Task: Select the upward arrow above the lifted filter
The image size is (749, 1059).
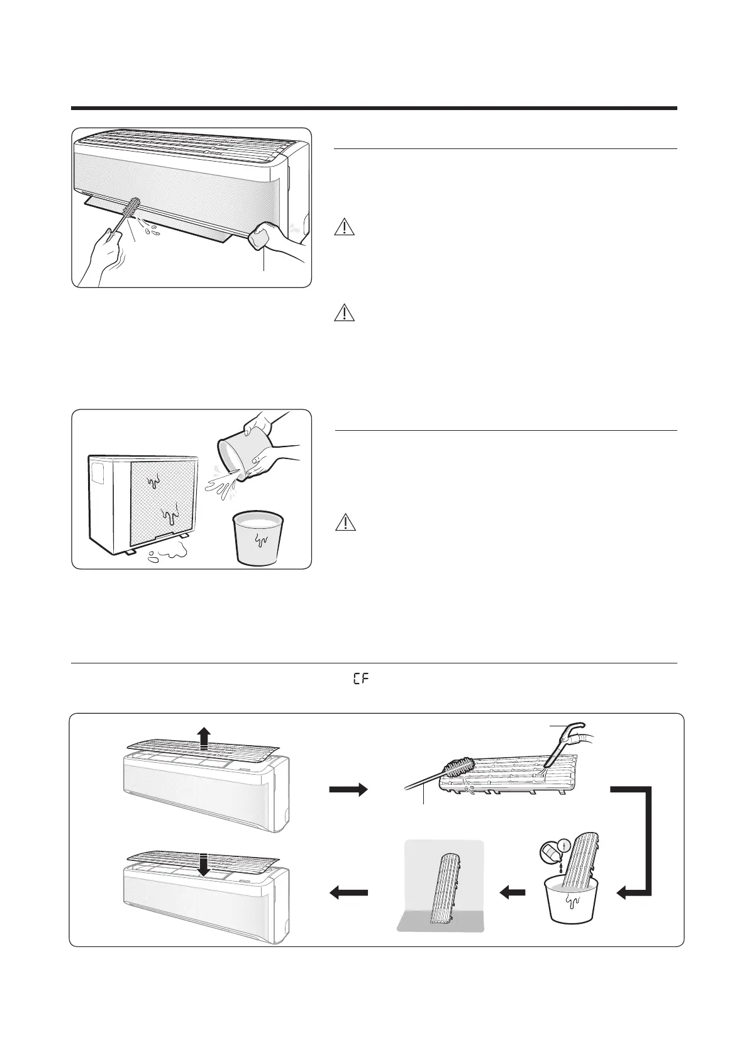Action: tap(203, 736)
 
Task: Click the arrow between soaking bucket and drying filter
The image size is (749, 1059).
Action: tap(513, 892)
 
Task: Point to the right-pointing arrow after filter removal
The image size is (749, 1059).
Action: tap(347, 789)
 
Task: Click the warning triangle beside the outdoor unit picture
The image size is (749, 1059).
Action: tap(345, 522)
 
